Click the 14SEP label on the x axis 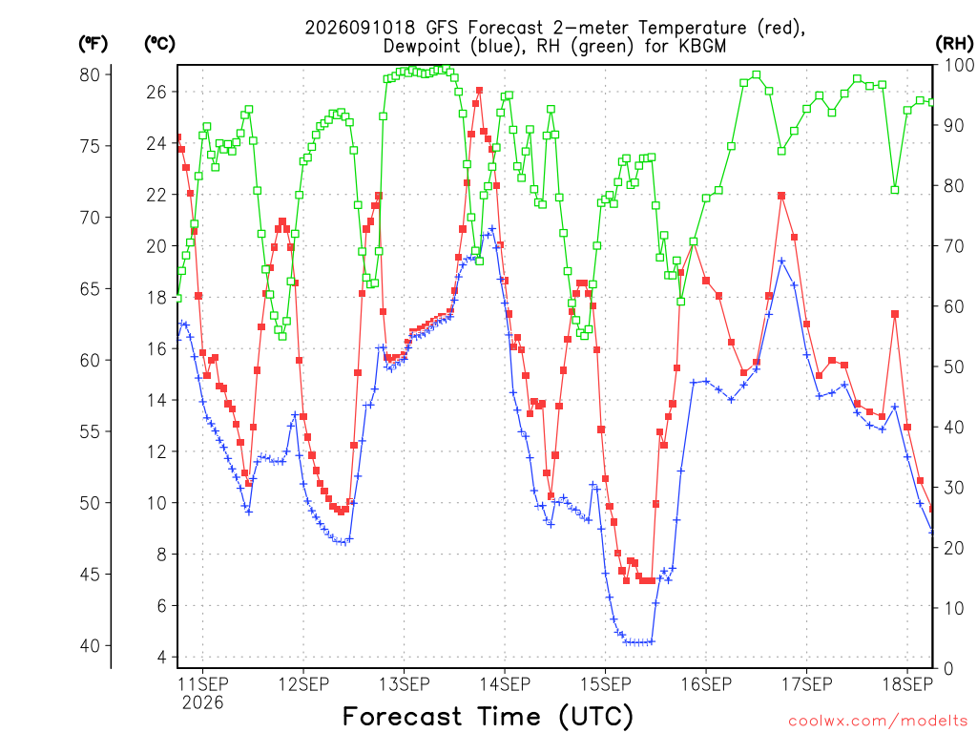pyautogui.click(x=505, y=683)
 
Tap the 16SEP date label pyautogui.click(x=706, y=683)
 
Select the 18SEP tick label pyautogui.click(x=907, y=683)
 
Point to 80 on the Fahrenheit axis pyautogui.click(x=90, y=74)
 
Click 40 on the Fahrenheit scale pyautogui.click(x=90, y=646)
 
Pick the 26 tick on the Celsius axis pyautogui.click(x=157, y=93)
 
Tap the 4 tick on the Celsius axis pyautogui.click(x=162, y=657)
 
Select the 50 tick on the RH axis pyautogui.click(x=954, y=366)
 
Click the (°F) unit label pyautogui.click(x=93, y=44)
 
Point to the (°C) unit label pyautogui.click(x=159, y=44)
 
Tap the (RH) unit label pyautogui.click(x=954, y=44)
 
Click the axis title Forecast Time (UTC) pyautogui.click(x=488, y=716)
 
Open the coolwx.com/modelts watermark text pyautogui.click(x=878, y=722)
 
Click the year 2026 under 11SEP pyautogui.click(x=202, y=703)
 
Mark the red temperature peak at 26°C pyautogui.click(x=479, y=91)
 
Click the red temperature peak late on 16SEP pyautogui.click(x=781, y=196)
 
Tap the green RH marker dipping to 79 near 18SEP pyautogui.click(x=895, y=190)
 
